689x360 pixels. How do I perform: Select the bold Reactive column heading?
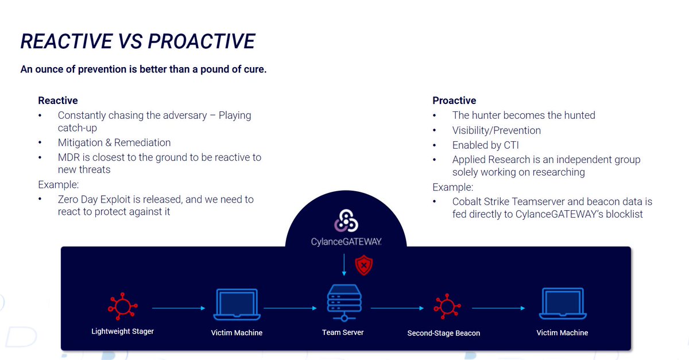[58, 101]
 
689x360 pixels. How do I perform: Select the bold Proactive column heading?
[454, 101]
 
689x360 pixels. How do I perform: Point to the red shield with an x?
[363, 266]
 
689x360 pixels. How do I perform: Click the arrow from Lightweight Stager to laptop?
[178, 308]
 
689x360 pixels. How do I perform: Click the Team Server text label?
[343, 332]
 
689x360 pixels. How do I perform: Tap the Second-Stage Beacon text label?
[443, 333]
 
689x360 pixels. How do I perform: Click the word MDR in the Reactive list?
[68, 157]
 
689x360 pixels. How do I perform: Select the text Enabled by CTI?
[485, 146]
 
